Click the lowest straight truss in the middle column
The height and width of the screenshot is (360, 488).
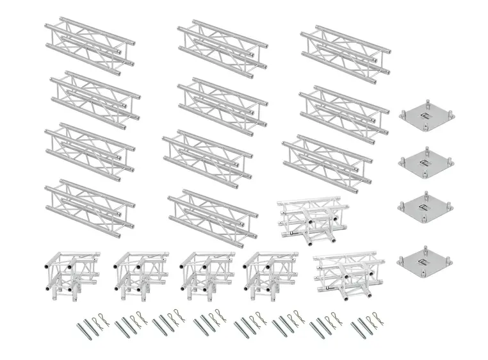pyautogui.click(x=206, y=218)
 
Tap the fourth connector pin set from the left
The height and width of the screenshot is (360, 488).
pyautogui.click(x=208, y=324)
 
